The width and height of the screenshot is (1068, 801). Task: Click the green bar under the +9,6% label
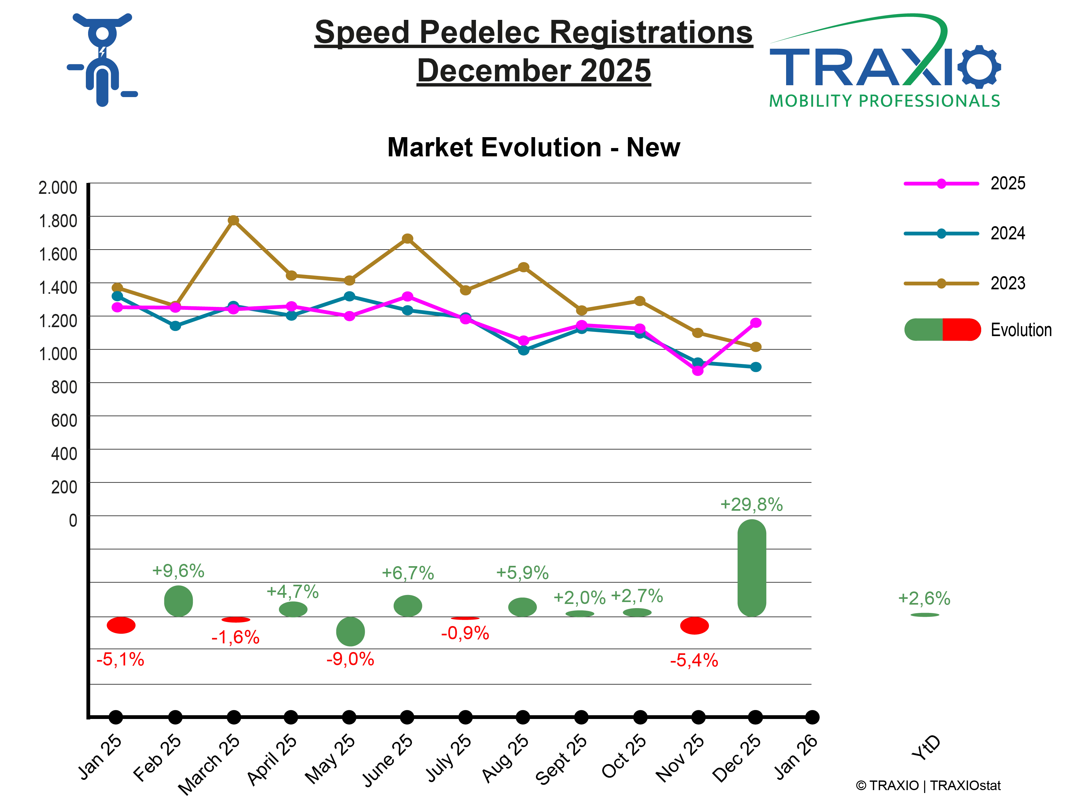(x=179, y=601)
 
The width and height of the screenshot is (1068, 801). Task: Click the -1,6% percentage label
(x=235, y=638)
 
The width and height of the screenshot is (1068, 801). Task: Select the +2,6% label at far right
(x=923, y=599)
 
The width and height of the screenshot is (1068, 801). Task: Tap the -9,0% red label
(x=350, y=659)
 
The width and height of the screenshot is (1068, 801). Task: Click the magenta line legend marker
(x=941, y=184)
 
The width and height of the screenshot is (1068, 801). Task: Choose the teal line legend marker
(x=941, y=234)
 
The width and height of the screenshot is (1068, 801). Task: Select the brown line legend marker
(x=941, y=284)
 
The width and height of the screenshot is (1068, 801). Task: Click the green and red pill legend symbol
(x=941, y=330)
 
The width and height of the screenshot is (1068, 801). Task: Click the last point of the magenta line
(x=756, y=323)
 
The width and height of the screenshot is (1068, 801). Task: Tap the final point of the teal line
(x=756, y=367)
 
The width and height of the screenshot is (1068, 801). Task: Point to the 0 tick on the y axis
(x=72, y=520)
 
